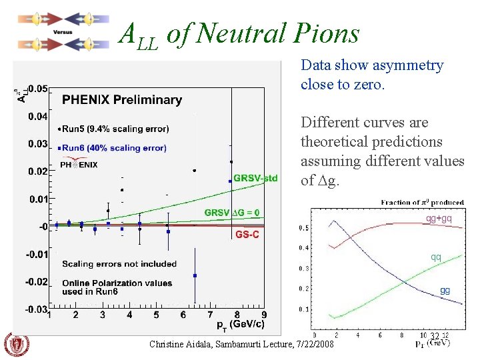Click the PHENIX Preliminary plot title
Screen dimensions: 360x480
click(122, 100)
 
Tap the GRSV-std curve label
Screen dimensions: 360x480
click(255, 178)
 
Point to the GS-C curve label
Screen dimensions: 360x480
click(247, 235)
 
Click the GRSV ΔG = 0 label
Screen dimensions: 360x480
click(232, 213)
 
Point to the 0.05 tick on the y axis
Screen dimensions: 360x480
click(37, 88)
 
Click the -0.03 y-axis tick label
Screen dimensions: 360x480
click(36, 309)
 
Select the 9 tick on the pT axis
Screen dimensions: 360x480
click(264, 315)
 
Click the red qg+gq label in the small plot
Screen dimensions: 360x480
click(439, 218)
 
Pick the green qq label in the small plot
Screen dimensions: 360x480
click(435, 257)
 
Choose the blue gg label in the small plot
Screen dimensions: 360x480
click(445, 290)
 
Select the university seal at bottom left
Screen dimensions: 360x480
click(17, 345)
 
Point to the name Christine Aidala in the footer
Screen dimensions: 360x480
click(177, 345)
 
